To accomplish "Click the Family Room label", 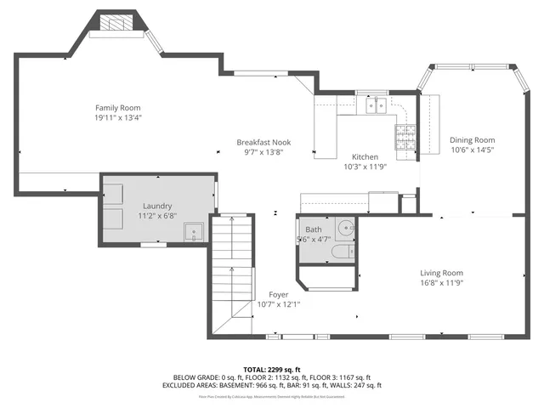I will [x=117, y=108].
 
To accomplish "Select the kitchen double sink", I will [x=377, y=106].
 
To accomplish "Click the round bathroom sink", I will [x=345, y=229].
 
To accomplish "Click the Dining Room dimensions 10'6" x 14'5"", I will [x=472, y=150].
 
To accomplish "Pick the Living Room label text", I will [x=441, y=273].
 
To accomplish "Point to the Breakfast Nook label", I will [x=263, y=142].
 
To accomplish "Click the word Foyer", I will [x=279, y=294].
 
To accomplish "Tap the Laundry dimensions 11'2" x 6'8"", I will [x=157, y=216].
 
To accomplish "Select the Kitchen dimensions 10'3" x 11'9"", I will [x=365, y=167].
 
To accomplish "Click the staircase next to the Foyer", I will [x=232, y=272].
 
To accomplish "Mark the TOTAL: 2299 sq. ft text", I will [x=272, y=368].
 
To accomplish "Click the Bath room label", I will [x=314, y=230].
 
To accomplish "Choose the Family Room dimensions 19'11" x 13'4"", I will [x=117, y=118].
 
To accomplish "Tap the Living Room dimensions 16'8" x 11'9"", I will [x=441, y=283].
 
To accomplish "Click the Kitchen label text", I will [x=365, y=157].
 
